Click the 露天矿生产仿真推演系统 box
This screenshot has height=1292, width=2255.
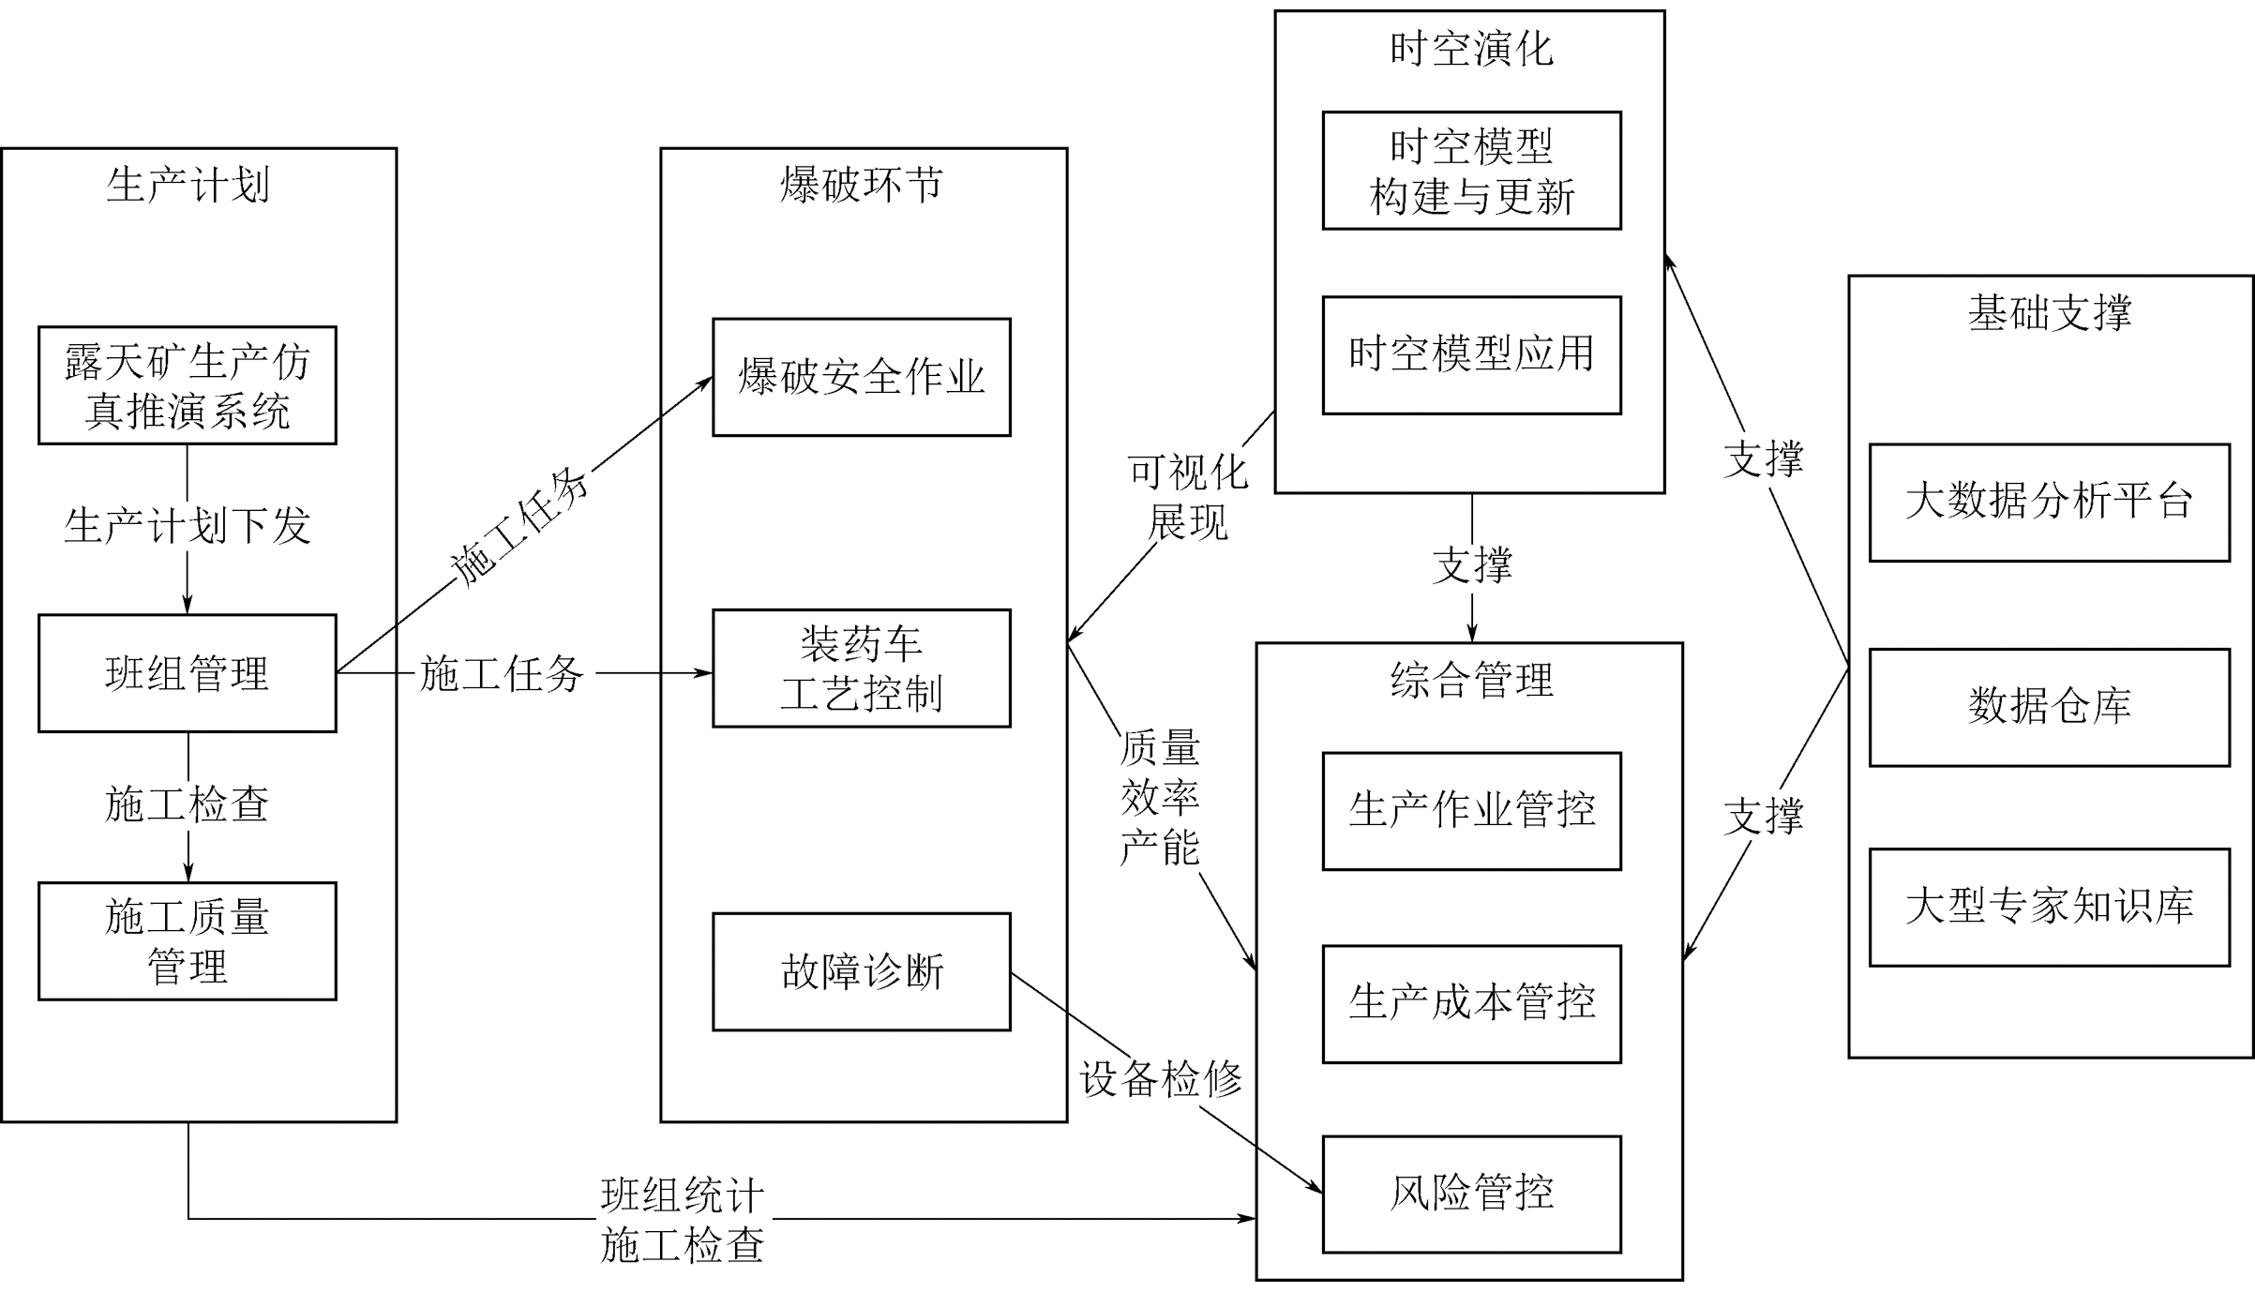pos(188,385)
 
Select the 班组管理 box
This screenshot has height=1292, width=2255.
pos(188,673)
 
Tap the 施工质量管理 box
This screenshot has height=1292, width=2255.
pos(188,941)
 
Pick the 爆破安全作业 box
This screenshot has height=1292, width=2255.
pos(862,377)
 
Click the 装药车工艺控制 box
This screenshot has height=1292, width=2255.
pos(862,669)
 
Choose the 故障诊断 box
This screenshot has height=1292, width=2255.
pos(862,971)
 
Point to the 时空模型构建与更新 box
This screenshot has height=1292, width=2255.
pos(1471,171)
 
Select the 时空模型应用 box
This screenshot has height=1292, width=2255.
pos(1471,355)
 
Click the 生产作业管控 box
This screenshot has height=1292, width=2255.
pos(1471,811)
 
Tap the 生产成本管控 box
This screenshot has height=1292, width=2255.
pos(1471,1004)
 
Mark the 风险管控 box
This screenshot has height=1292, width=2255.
pos(1471,1194)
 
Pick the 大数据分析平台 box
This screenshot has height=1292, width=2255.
pos(2049,503)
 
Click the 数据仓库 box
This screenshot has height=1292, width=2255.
pos(2049,707)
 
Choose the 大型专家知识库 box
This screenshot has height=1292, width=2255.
pos(2049,908)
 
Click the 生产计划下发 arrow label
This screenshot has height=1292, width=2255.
pos(188,526)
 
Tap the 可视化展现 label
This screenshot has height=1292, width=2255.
pos(1188,497)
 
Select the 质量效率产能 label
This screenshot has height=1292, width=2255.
pos(1160,798)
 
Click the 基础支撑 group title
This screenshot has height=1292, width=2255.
pos(2050,313)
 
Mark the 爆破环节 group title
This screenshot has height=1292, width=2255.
pos(862,185)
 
